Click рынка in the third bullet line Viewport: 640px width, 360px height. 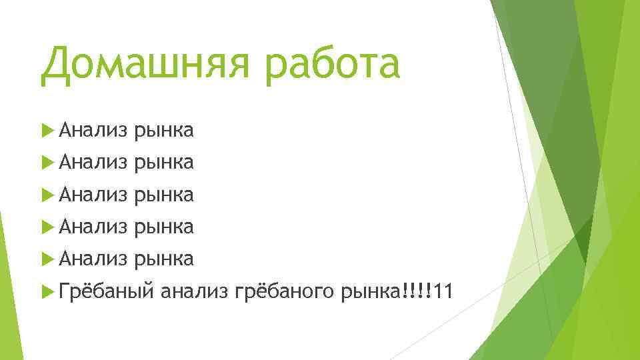pos(164,196)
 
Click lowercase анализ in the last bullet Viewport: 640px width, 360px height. pos(195,291)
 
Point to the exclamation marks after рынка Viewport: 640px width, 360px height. pos(417,291)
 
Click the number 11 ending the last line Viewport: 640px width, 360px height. pos(443,291)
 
